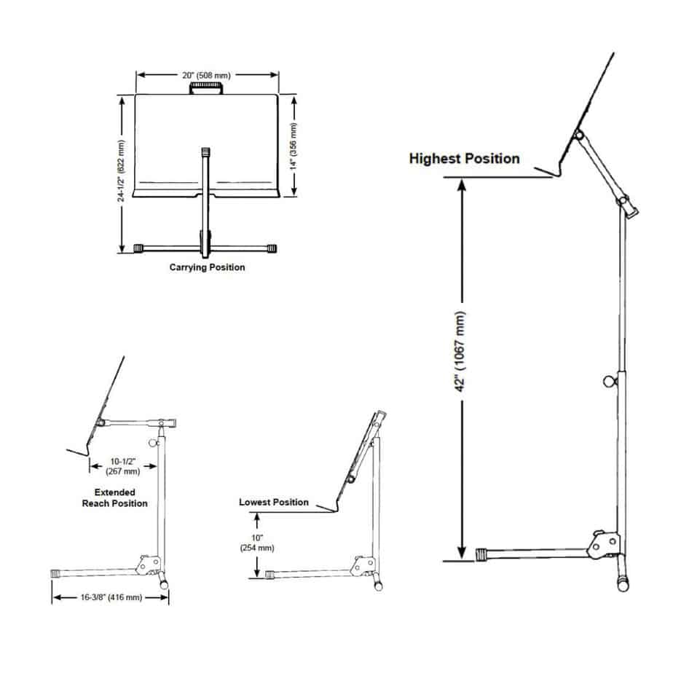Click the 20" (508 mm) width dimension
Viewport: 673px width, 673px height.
[x=207, y=74]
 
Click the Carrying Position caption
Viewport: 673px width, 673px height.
[x=207, y=267]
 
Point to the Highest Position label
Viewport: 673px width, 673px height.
[x=465, y=158]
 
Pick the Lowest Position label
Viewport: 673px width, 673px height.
[x=274, y=502]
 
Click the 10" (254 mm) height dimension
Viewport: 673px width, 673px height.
[x=256, y=543]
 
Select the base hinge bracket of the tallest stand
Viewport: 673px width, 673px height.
[x=604, y=543]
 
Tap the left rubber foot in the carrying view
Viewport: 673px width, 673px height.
[x=139, y=248]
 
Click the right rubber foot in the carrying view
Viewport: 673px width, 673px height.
[x=273, y=248]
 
